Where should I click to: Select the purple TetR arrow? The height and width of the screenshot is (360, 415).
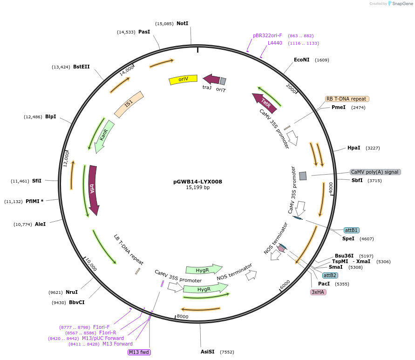pyautogui.click(x=265, y=103)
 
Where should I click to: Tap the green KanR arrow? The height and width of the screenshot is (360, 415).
pyautogui.click(x=104, y=136)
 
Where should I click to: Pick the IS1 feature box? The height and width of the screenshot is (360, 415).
pyautogui.click(x=129, y=103)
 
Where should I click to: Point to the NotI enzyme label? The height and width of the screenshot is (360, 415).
pyautogui.click(x=182, y=23)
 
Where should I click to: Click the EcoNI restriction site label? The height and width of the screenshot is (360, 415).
pyautogui.click(x=301, y=60)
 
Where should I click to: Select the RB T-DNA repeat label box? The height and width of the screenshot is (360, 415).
pyautogui.click(x=347, y=99)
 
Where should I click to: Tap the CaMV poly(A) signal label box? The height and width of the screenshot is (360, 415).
pyautogui.click(x=375, y=172)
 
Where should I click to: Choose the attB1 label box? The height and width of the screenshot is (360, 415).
pyautogui.click(x=351, y=230)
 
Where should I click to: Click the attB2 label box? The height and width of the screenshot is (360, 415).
pyautogui.click(x=330, y=275)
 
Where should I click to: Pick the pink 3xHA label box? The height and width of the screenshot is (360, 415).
pyautogui.click(x=319, y=292)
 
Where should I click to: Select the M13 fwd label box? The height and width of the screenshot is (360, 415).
pyautogui.click(x=139, y=352)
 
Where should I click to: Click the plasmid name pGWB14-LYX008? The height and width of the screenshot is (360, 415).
pyautogui.click(x=198, y=181)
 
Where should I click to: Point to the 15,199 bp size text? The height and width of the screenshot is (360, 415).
pyautogui.click(x=198, y=187)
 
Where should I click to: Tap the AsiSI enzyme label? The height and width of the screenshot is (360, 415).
pyautogui.click(x=207, y=352)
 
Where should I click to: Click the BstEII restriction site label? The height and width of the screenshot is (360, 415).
pyautogui.click(x=81, y=67)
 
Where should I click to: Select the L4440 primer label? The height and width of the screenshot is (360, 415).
pyautogui.click(x=275, y=43)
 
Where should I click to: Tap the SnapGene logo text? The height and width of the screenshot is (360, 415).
pyautogui.click(x=401, y=4)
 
